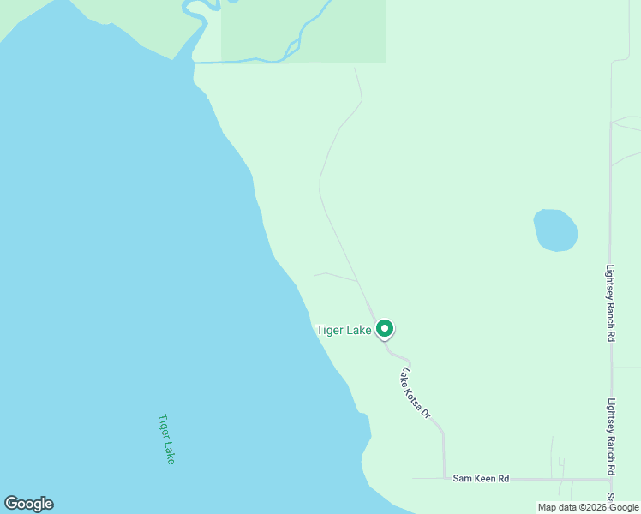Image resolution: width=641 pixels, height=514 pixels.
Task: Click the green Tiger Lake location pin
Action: [385, 328]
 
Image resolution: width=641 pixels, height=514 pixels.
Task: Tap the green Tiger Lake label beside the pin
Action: [344, 330]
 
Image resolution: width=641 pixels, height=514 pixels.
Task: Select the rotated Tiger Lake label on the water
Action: [166, 439]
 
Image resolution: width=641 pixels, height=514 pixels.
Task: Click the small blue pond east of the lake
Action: [555, 230]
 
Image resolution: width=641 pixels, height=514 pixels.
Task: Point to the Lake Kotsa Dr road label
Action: [416, 393]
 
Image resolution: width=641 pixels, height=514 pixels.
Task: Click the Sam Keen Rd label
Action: [481, 479]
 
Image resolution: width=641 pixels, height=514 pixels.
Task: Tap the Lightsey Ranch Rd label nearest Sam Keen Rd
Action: [611, 437]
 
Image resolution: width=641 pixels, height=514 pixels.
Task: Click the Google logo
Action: [28, 504]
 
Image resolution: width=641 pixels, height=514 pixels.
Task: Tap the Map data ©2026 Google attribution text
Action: [588, 507]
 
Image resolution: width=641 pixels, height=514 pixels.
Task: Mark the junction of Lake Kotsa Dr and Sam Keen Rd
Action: [444, 478]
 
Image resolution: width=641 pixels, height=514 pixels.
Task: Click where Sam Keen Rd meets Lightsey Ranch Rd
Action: [611, 479]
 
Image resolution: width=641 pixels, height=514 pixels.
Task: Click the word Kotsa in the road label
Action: [416, 395]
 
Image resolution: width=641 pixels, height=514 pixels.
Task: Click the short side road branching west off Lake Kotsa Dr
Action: [335, 275]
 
